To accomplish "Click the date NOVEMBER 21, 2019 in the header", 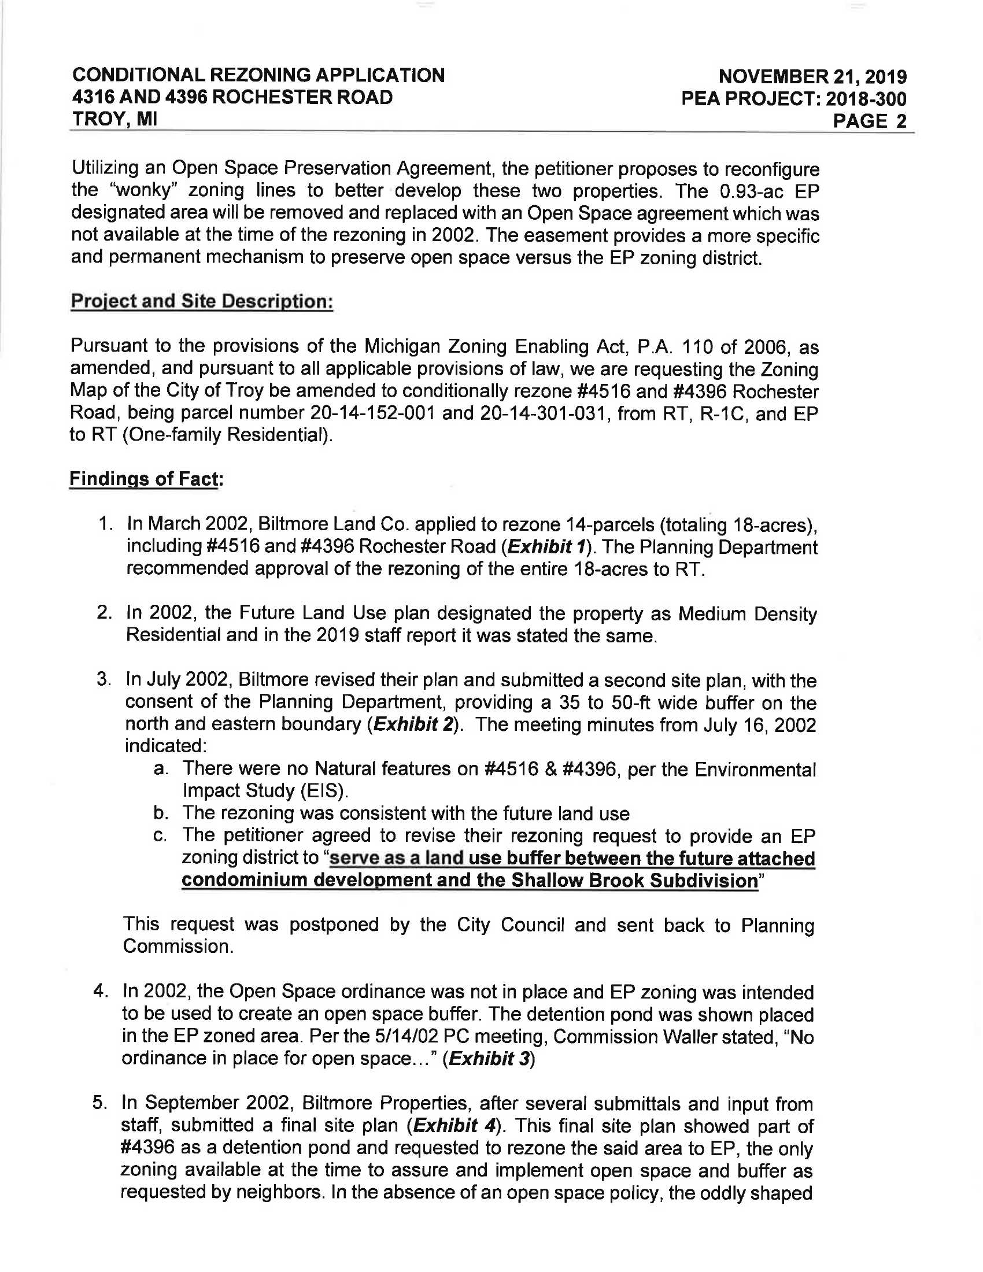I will pyautogui.click(x=812, y=76).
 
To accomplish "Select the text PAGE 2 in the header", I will pyautogui.click(x=870, y=121).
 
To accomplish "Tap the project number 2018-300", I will pyautogui.click(x=867, y=99).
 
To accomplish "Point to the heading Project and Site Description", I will pyautogui.click(x=201, y=302).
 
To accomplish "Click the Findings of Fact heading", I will pyautogui.click(x=146, y=479).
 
